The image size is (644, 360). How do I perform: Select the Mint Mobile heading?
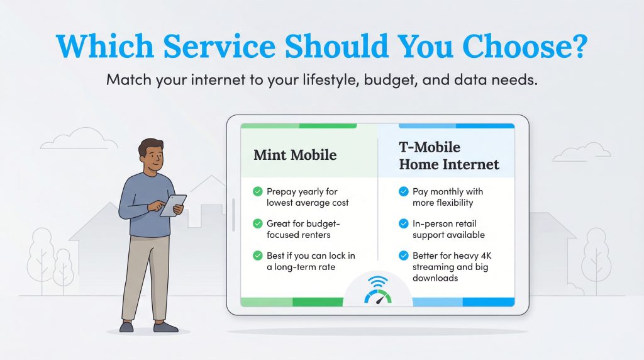point(295,155)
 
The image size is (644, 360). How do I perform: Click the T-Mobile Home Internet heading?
point(448,156)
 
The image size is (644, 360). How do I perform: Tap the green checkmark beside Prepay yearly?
point(257,191)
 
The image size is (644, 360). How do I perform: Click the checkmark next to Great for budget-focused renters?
point(257,223)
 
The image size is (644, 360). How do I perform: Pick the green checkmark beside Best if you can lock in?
point(257,256)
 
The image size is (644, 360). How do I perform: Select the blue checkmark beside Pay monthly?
point(403,191)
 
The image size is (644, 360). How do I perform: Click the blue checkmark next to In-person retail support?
point(403,223)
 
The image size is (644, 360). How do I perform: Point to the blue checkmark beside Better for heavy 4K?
point(403,256)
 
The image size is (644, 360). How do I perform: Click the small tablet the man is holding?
point(173,205)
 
